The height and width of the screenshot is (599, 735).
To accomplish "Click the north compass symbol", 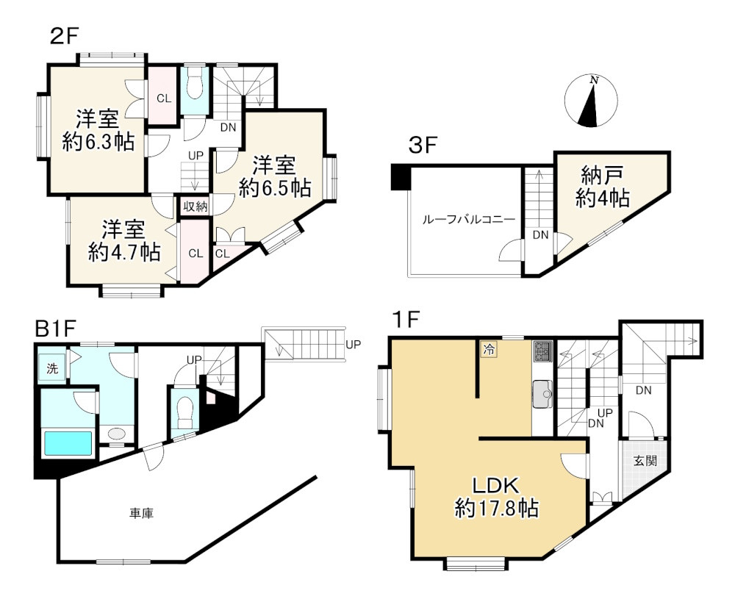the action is coord(591,101).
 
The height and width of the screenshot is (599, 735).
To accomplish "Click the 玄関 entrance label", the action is coord(645,461).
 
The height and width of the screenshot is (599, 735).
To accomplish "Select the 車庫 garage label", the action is coord(141,514).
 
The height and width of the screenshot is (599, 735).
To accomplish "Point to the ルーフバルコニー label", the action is coord(469,219).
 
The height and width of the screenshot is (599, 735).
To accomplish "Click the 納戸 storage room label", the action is coord(602,176).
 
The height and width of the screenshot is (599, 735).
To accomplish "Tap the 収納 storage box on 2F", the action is coord(195,206).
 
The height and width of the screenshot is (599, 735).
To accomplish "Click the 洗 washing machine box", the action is coord(52,368).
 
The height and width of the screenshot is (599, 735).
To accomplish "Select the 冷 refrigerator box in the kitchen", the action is coord(489,349).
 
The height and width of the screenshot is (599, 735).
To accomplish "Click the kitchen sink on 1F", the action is coord(542,394).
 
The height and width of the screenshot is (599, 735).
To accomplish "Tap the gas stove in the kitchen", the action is coord(543,351).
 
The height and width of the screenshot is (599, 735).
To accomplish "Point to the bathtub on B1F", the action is coord(68,443).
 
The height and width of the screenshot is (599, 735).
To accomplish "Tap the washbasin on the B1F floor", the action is coord(116,434).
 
